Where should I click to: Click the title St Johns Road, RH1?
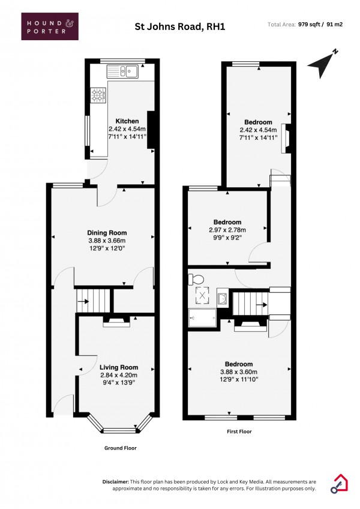coord(179,26)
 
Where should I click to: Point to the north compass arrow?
coord(323,63)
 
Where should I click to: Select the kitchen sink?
coord(123,73)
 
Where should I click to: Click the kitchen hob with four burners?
coord(98,95)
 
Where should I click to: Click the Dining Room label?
coord(107,233)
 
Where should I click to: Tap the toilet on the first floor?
coord(194,279)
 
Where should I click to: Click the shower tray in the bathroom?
coord(202,318)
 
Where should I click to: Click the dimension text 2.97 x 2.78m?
coord(227,229)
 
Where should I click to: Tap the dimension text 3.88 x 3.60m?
coord(238,372)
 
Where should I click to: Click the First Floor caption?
coord(238,432)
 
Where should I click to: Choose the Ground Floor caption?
coord(121,448)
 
